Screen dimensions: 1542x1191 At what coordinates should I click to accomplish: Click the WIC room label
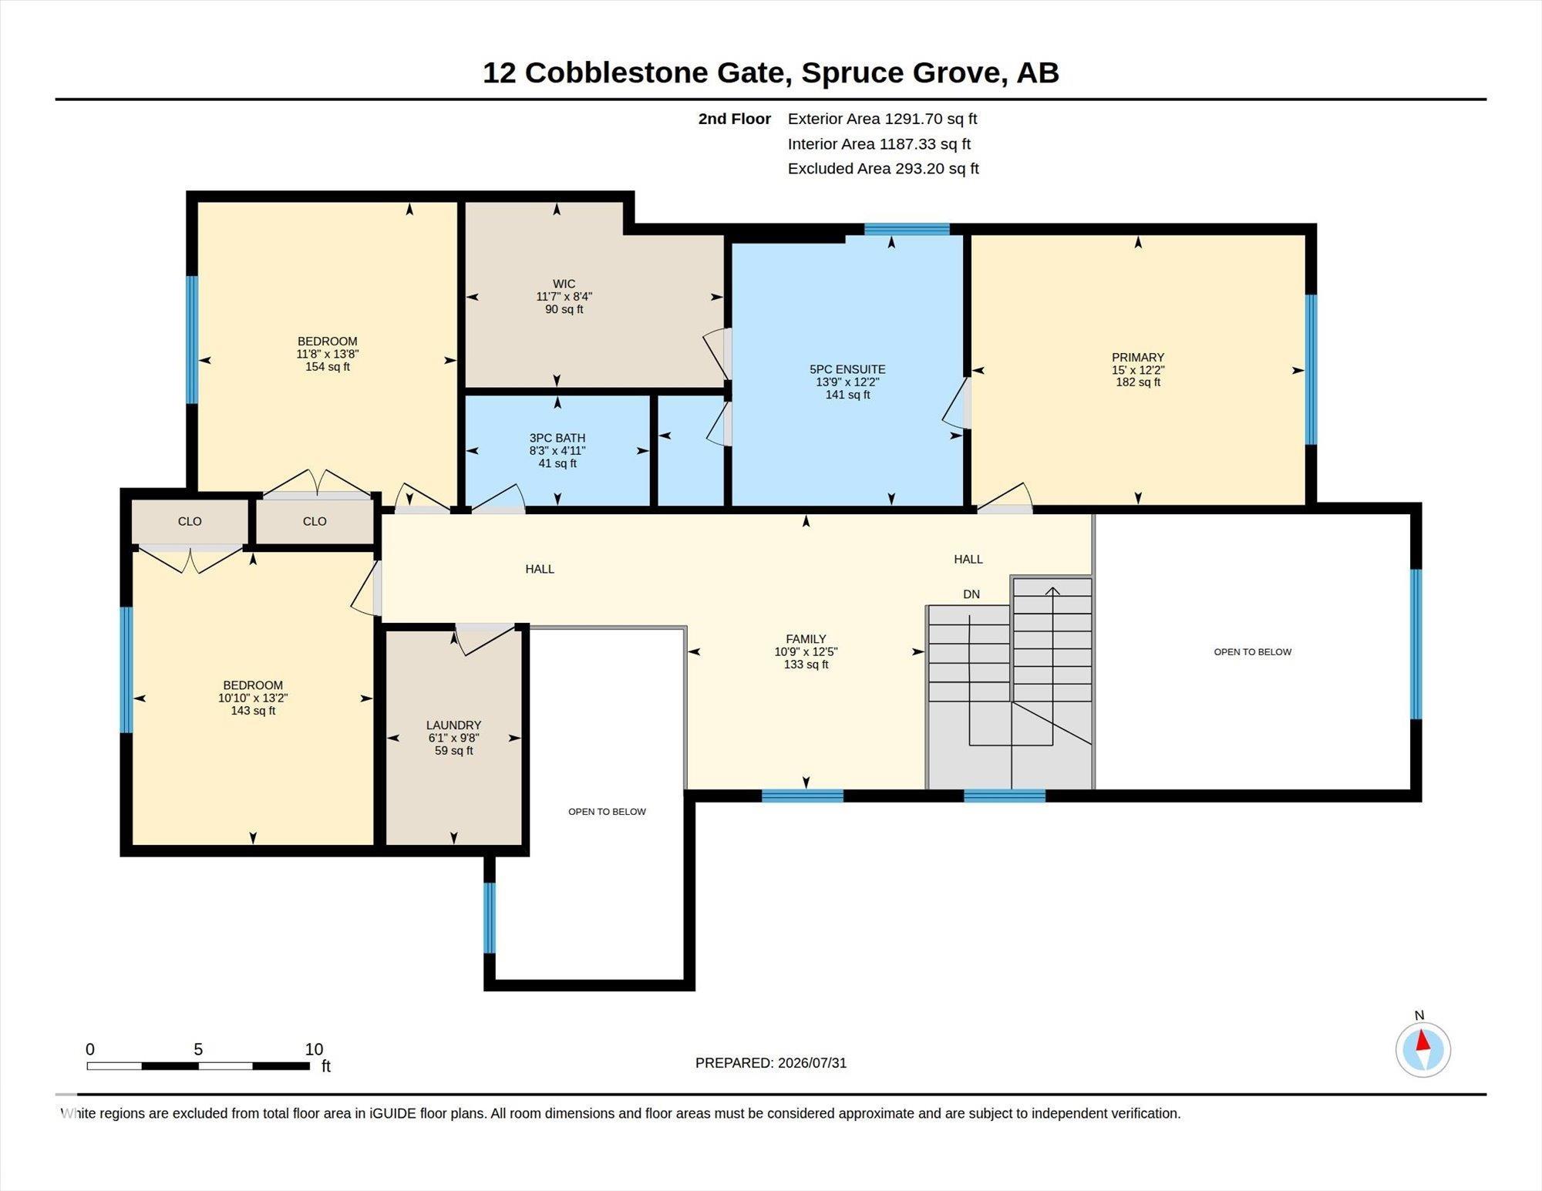pos(564,284)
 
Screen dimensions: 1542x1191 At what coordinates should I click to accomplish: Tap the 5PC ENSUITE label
pos(847,369)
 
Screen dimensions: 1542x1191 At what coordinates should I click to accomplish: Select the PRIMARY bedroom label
pos(1138,357)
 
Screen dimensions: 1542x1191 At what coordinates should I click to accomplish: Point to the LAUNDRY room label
pos(453,725)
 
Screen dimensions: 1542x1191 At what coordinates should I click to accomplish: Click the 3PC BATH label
pos(557,438)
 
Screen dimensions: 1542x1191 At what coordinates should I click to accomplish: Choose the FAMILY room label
pos(806,638)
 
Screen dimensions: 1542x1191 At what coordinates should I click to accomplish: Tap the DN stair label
pos(971,594)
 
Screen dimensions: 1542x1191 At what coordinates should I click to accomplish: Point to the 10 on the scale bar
pos(314,1048)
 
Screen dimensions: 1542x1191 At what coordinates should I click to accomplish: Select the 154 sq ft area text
pos(328,367)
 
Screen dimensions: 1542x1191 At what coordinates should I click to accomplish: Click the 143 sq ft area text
pos(253,711)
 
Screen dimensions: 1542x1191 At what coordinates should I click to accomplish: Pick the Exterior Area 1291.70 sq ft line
pos(882,119)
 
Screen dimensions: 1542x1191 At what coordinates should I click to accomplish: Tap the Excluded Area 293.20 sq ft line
pos(884,168)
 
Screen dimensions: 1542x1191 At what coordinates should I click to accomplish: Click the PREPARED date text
pos(771,1062)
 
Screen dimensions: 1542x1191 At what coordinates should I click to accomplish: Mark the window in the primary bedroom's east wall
pos(1311,369)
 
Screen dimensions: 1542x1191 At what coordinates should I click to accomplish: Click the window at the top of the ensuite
pos(907,229)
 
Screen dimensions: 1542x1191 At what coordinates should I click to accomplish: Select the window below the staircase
pos(1005,796)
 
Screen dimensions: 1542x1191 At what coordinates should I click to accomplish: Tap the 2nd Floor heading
pos(734,119)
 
